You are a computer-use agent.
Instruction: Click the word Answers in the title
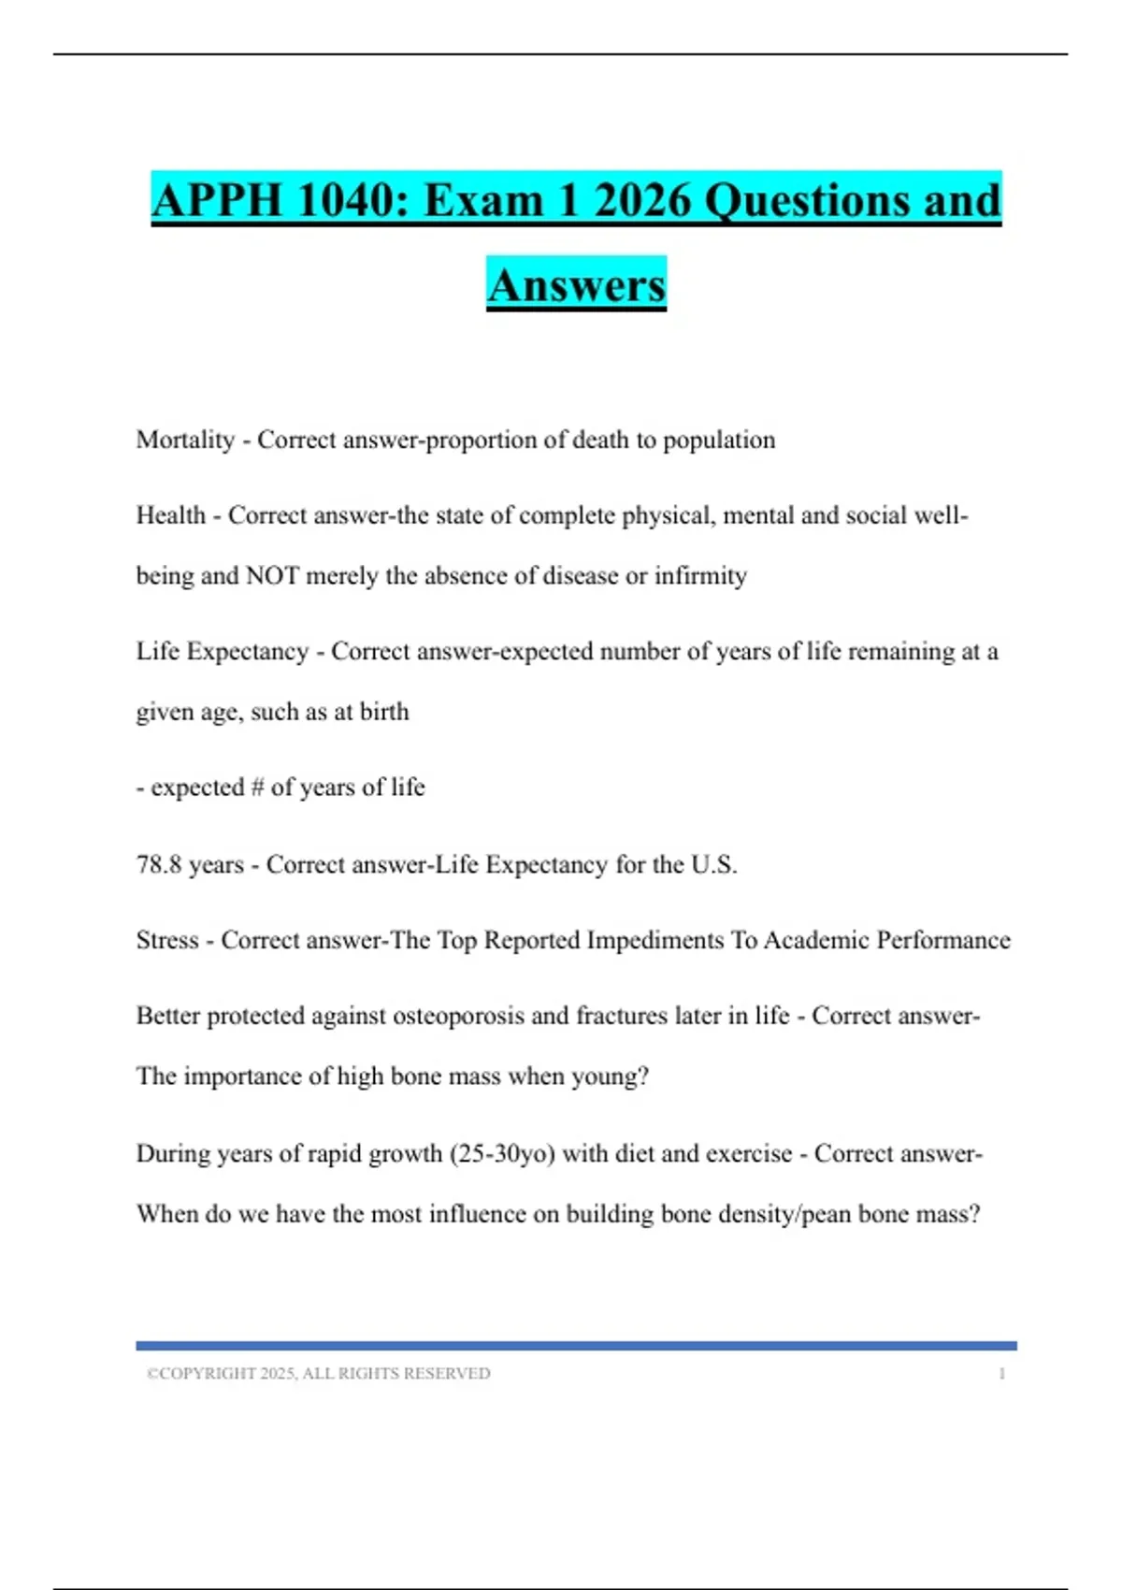(576, 285)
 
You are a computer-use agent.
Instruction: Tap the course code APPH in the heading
(217, 200)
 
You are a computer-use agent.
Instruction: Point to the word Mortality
(185, 440)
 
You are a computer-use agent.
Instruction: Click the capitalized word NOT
(272, 575)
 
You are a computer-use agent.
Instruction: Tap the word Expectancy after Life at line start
(248, 651)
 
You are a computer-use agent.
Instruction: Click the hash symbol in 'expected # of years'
(257, 788)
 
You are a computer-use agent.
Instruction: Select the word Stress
(167, 940)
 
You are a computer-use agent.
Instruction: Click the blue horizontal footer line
(576, 1346)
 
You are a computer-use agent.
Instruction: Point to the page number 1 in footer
(1001, 1374)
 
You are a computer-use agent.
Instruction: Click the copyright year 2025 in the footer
(278, 1374)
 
